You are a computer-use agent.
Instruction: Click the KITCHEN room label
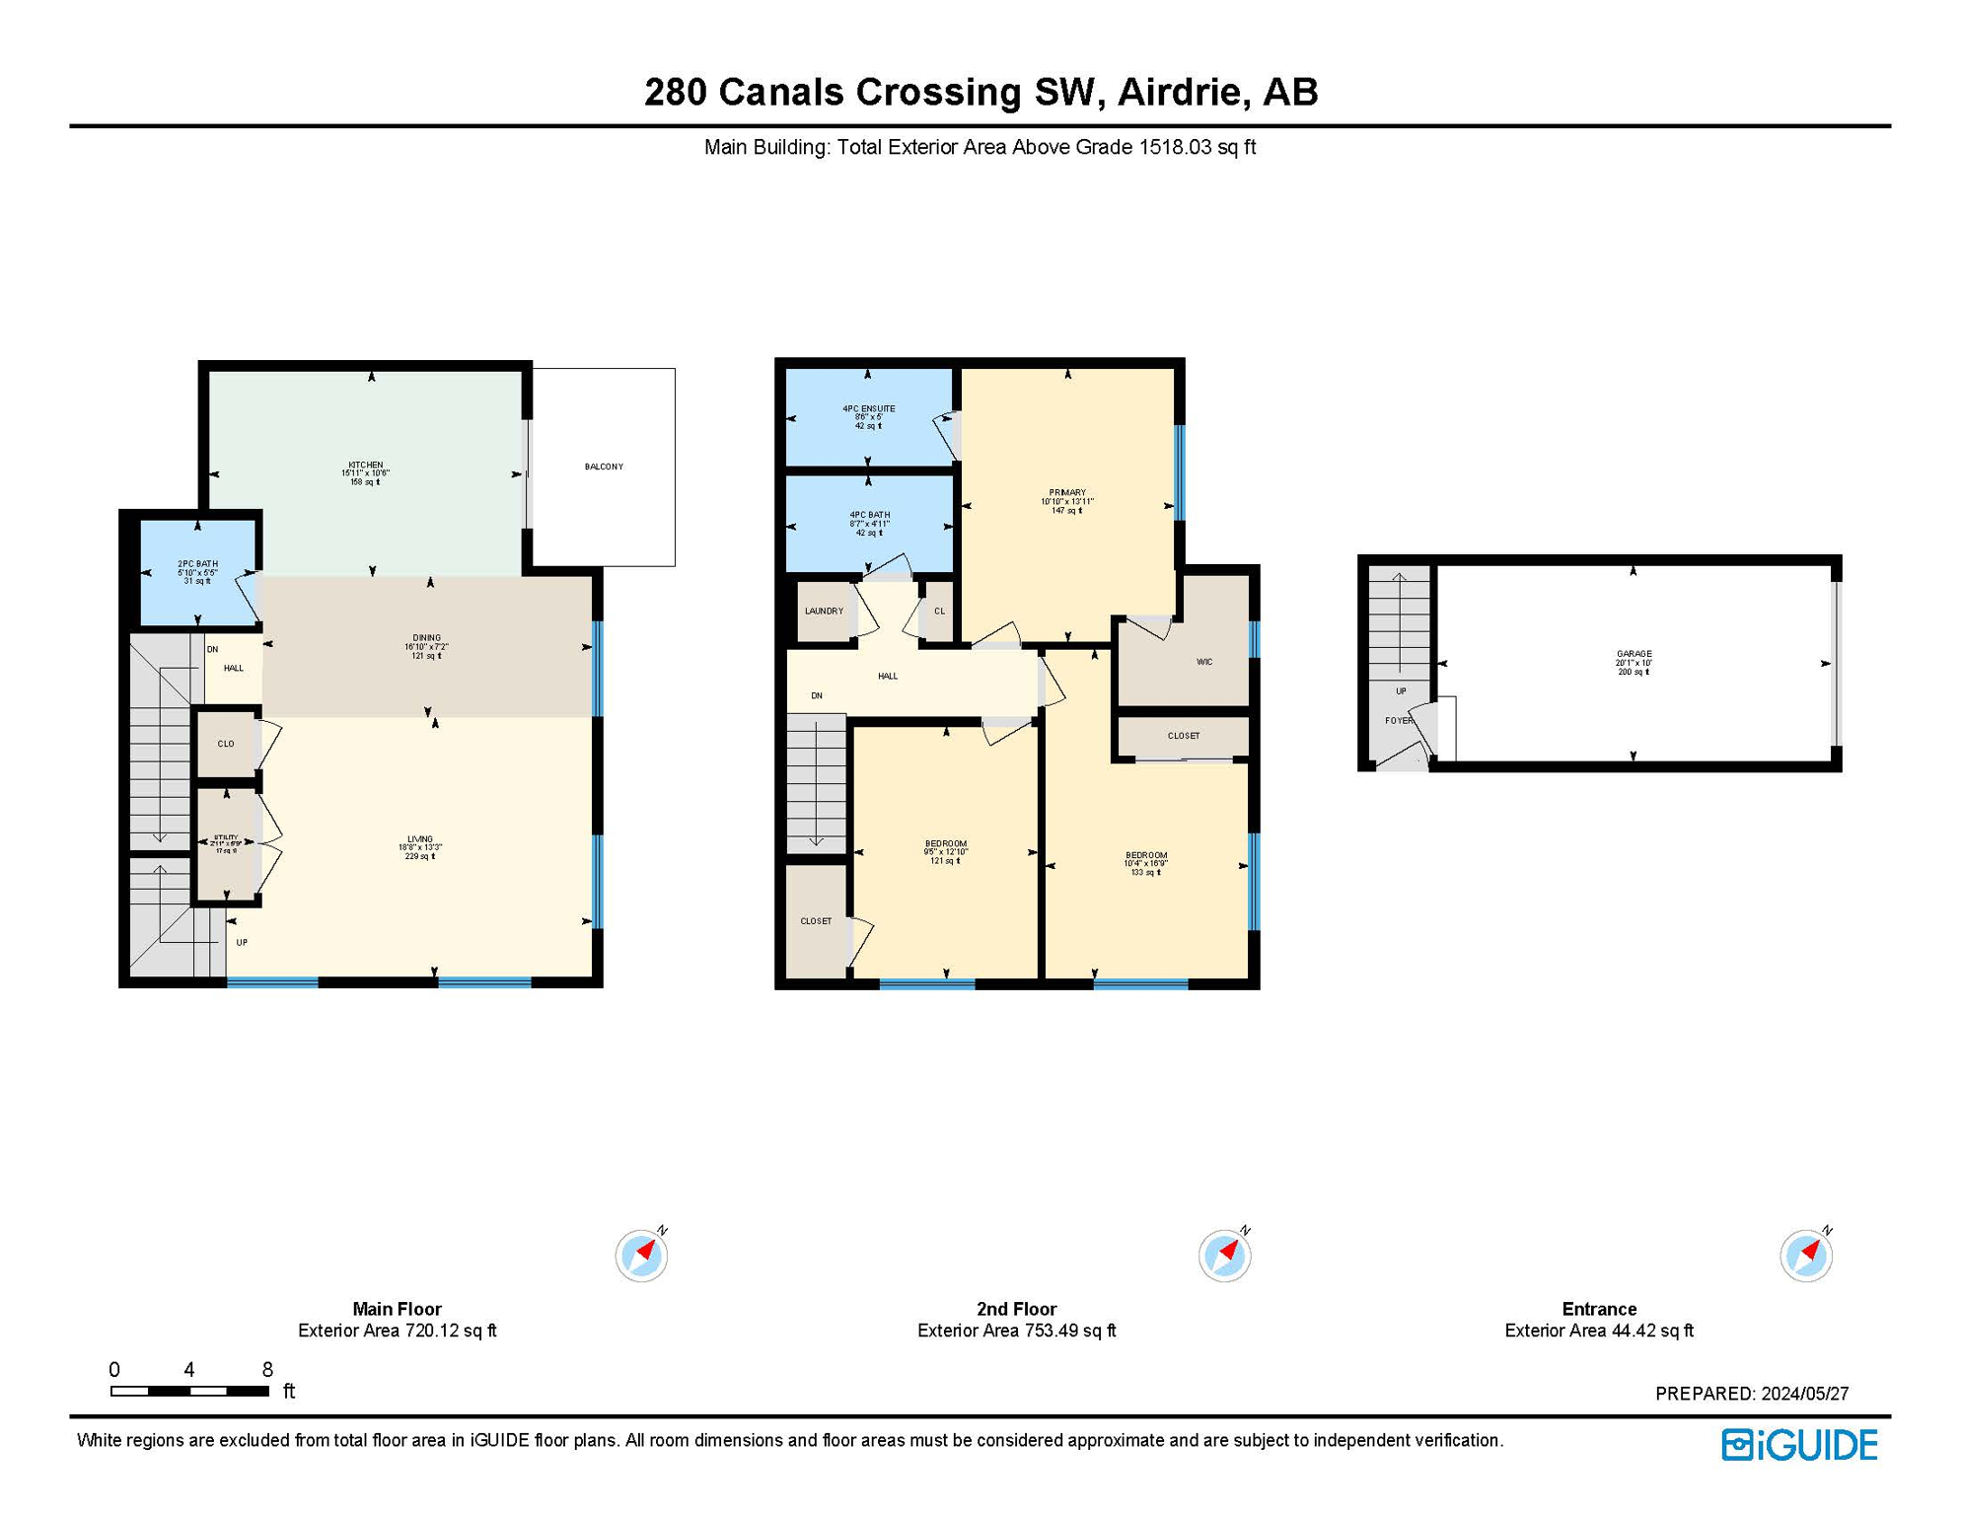pos(365,466)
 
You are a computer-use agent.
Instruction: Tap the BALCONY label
pos(604,467)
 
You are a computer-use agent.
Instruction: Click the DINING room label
pos(426,638)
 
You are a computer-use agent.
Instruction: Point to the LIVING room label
pos(420,839)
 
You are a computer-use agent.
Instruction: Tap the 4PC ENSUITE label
pos(868,408)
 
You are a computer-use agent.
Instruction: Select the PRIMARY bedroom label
pos(1066,493)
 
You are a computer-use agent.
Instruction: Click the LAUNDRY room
pos(824,612)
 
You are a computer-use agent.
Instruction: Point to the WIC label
pos(1203,662)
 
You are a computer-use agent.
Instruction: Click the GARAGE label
pos(1634,654)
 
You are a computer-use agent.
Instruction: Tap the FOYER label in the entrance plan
pos(1399,721)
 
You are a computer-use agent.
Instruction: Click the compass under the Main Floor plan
pos(641,1256)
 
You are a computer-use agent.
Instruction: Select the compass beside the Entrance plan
pos(1805,1256)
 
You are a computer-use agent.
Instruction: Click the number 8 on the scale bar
pos(267,1369)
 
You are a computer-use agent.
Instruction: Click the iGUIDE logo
pos(1799,1445)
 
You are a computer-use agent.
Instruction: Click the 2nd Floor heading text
pos(1016,1309)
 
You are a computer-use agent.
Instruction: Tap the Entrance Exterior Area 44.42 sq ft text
pos(1598,1331)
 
